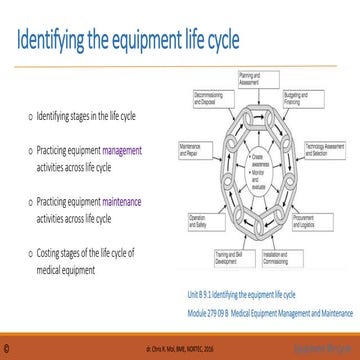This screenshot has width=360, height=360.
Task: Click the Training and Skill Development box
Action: click(233, 258)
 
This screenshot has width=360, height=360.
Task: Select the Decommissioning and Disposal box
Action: click(212, 98)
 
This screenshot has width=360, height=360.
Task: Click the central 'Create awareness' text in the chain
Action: click(257, 159)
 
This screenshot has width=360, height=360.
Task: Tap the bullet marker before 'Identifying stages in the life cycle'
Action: click(28, 117)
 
